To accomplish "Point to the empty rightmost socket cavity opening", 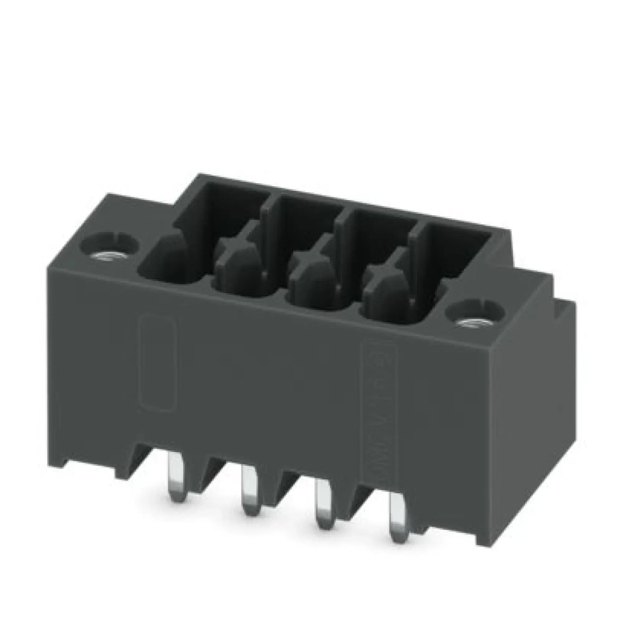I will (x=458, y=258).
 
